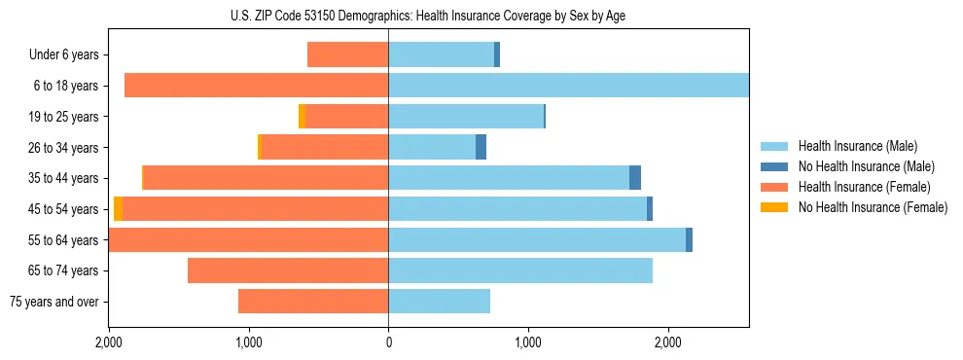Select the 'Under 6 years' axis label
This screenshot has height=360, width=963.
pos(64,54)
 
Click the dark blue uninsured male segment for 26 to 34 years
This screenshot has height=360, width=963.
pos(481,147)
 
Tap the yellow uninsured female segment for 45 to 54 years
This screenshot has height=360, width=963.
pos(118,209)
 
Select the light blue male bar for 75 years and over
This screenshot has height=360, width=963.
pos(439,302)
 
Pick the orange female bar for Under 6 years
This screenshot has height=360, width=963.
pos(347,54)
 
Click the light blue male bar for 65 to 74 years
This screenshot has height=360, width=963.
pos(520,270)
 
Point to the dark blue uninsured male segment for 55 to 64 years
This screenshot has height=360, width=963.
pos(689,240)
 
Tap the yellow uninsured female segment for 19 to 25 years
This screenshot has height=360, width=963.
pos(302,117)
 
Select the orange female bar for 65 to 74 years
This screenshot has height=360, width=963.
pos(288,270)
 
